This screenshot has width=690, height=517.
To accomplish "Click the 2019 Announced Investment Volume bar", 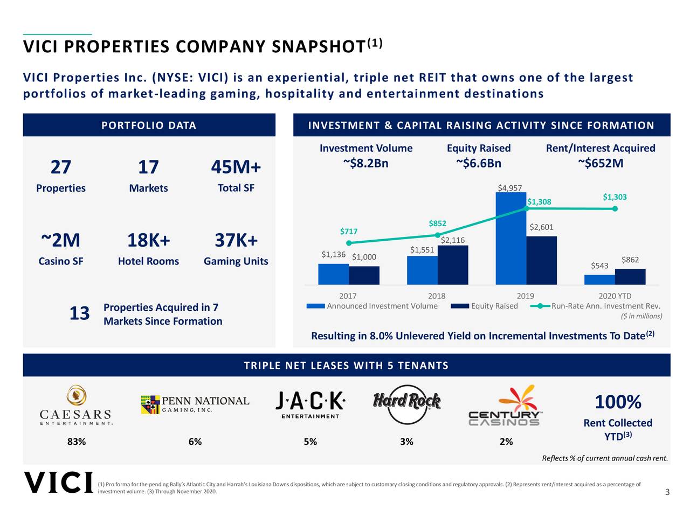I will pos(510,238).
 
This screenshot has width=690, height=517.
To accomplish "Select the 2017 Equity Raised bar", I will pos(364,275).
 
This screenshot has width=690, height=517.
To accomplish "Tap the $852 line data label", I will pos(437,223).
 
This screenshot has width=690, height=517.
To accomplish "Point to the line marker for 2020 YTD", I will pos(615,208).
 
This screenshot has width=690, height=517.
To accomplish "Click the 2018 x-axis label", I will pos(437,296).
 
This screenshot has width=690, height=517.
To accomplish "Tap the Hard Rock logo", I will pos(406,401).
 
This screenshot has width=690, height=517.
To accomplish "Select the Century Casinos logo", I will pos(504,406).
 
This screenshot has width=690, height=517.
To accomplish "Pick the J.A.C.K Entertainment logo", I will pos(310,404).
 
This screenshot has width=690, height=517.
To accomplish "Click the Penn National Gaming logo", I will pos(195,404).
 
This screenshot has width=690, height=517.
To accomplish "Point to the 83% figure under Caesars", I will pos(76,442).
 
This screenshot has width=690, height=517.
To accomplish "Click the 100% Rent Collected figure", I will pos(618,402).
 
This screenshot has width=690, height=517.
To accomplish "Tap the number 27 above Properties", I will pos(60,167).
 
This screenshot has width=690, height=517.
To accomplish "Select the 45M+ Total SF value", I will pos(236,167).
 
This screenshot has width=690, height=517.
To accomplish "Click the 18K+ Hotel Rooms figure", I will pos(148,240).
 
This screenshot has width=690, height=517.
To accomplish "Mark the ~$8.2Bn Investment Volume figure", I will pos(365,163).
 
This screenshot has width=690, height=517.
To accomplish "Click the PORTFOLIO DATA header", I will pos(149,125).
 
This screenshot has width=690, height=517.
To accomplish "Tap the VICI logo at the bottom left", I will pos(58,483).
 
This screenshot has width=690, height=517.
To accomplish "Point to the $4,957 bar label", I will pos(509,187).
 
